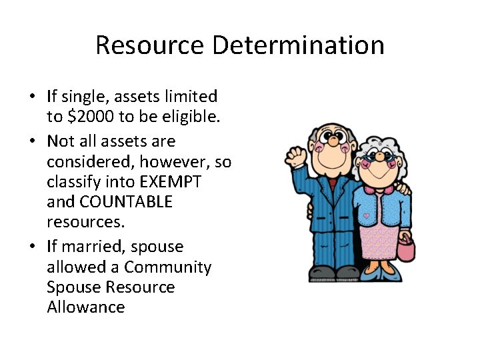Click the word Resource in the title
(x=150, y=45)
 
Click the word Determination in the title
(x=298, y=45)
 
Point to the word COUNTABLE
(x=127, y=201)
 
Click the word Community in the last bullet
(x=167, y=267)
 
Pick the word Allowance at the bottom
(x=85, y=307)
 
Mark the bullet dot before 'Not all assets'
(x=32, y=141)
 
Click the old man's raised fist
(x=295, y=155)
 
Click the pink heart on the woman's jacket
(x=365, y=217)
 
